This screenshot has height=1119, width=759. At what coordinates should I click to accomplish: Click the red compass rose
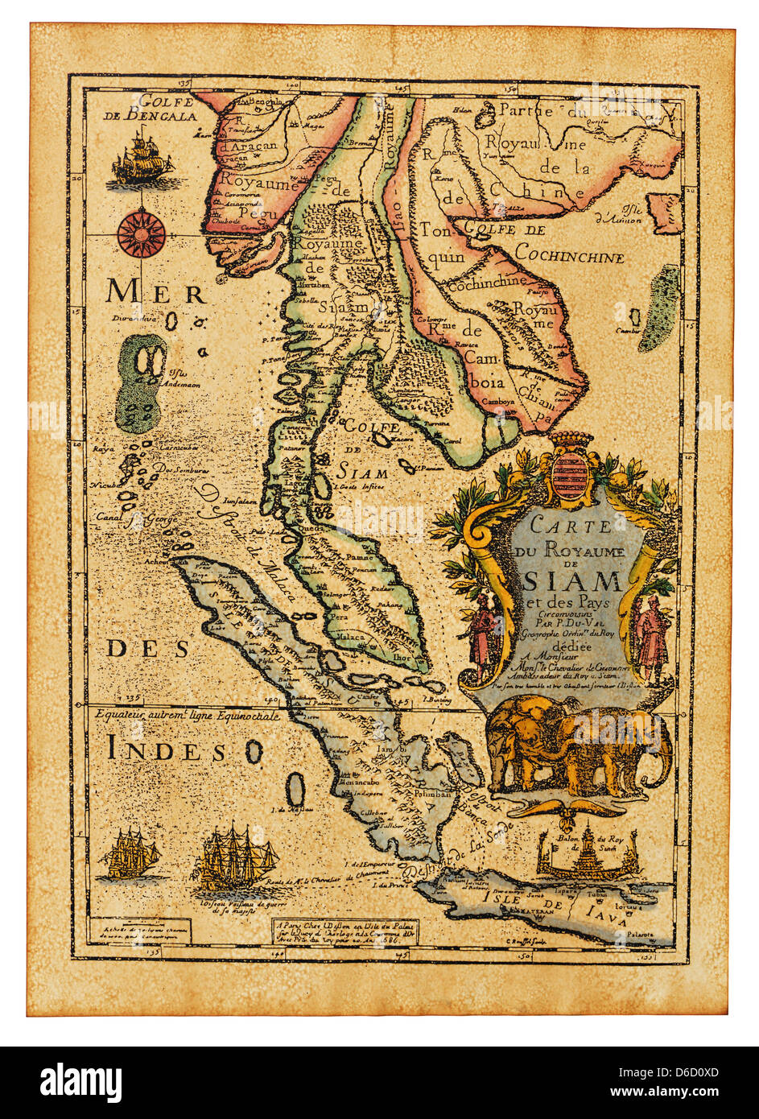point(141,229)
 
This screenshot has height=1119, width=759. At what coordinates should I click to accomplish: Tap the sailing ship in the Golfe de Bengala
point(142,160)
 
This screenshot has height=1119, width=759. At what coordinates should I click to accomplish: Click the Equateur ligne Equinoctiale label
point(185,715)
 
